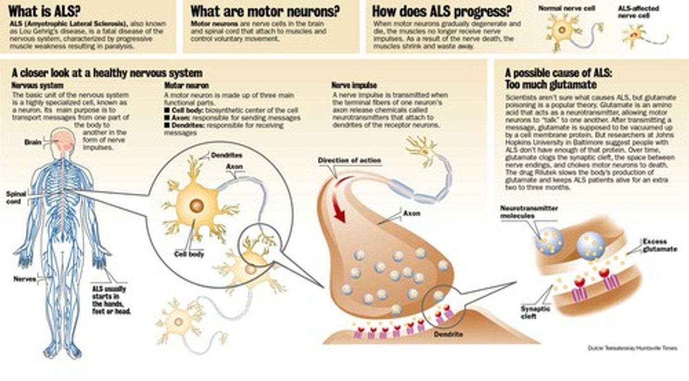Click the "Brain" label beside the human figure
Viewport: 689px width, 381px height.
pos(33,142)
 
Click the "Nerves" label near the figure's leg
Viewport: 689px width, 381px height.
pos(25,279)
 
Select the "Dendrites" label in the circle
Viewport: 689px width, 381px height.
pos(226,155)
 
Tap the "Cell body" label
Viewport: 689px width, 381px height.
pos(189,254)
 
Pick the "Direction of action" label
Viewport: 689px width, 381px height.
pos(349,161)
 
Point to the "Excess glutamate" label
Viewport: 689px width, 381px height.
pos(660,245)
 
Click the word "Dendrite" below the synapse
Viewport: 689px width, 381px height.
pos(449,334)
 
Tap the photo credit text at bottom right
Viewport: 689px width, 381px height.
pos(632,348)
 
